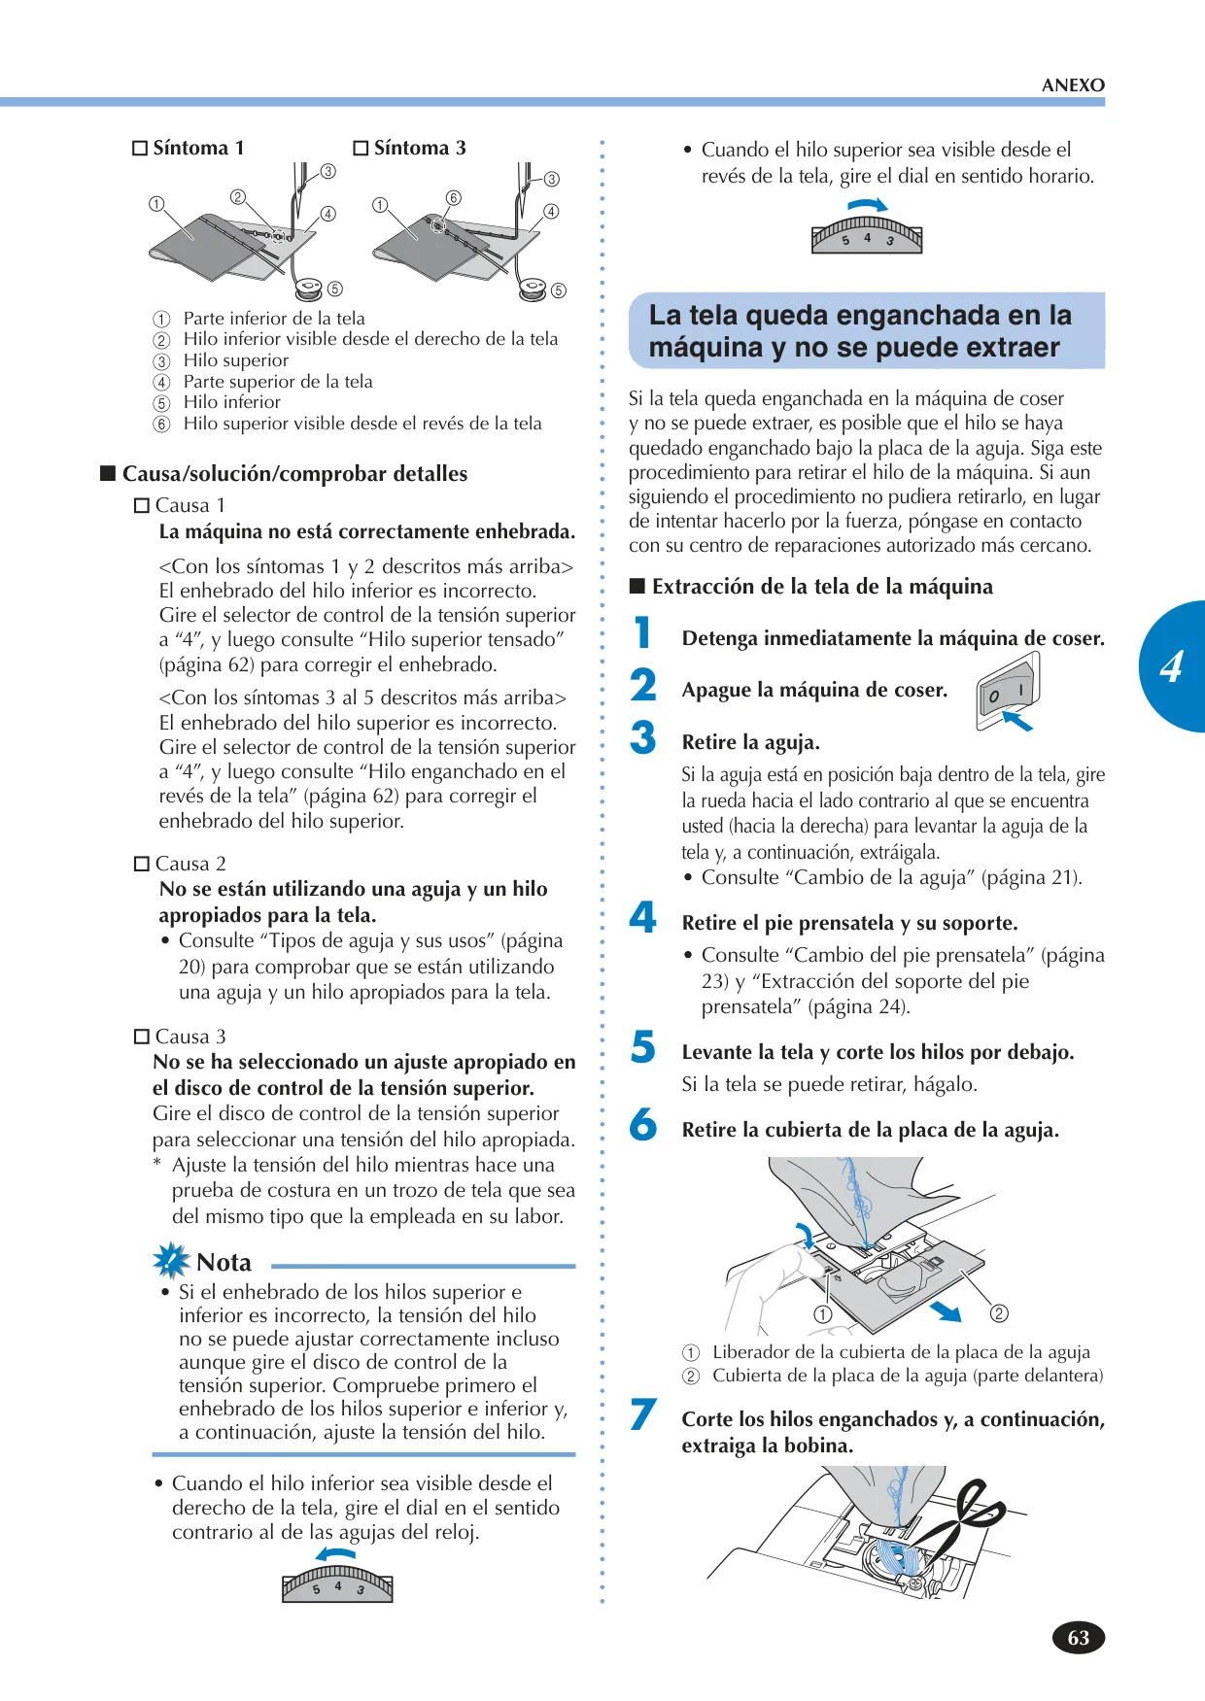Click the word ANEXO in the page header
(x=1073, y=85)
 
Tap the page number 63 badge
(x=1079, y=1638)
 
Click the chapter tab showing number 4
(x=1173, y=666)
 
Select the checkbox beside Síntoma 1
(x=140, y=149)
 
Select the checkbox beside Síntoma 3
(x=361, y=149)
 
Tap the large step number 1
(x=642, y=632)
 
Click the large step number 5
(x=642, y=1046)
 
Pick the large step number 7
(x=642, y=1414)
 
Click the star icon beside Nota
(x=172, y=1260)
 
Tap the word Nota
(x=224, y=1263)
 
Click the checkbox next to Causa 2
(x=141, y=864)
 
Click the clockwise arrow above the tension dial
(x=868, y=205)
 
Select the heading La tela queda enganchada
(x=860, y=331)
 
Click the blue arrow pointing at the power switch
(x=1016, y=720)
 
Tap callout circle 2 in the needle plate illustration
(x=999, y=1314)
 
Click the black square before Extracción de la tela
(x=637, y=586)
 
